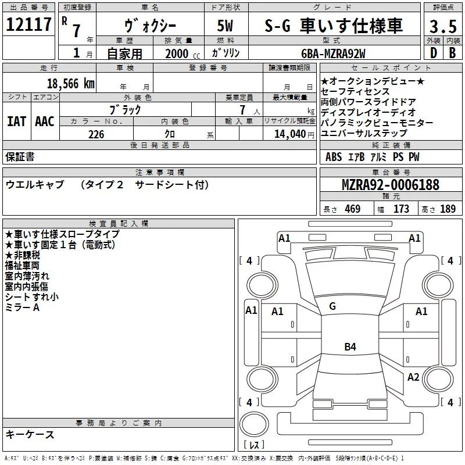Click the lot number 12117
pos(28,24)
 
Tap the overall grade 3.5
pos(443,26)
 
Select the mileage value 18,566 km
pos(71,84)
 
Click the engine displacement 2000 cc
pos(183,53)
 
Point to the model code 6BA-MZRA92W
pos(333,53)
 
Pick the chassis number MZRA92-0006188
pos(391,184)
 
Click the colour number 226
pos(96,134)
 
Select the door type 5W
pos(225,26)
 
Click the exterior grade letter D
pos(433,53)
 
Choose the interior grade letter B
pos(452,53)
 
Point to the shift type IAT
pos(17,121)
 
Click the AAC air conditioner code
pos(45,121)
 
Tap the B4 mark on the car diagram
pos(350,346)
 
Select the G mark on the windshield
pos(332,306)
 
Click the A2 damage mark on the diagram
pos(413,377)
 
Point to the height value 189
pos(448,209)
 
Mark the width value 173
pos(401,209)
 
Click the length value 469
pos(353,209)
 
